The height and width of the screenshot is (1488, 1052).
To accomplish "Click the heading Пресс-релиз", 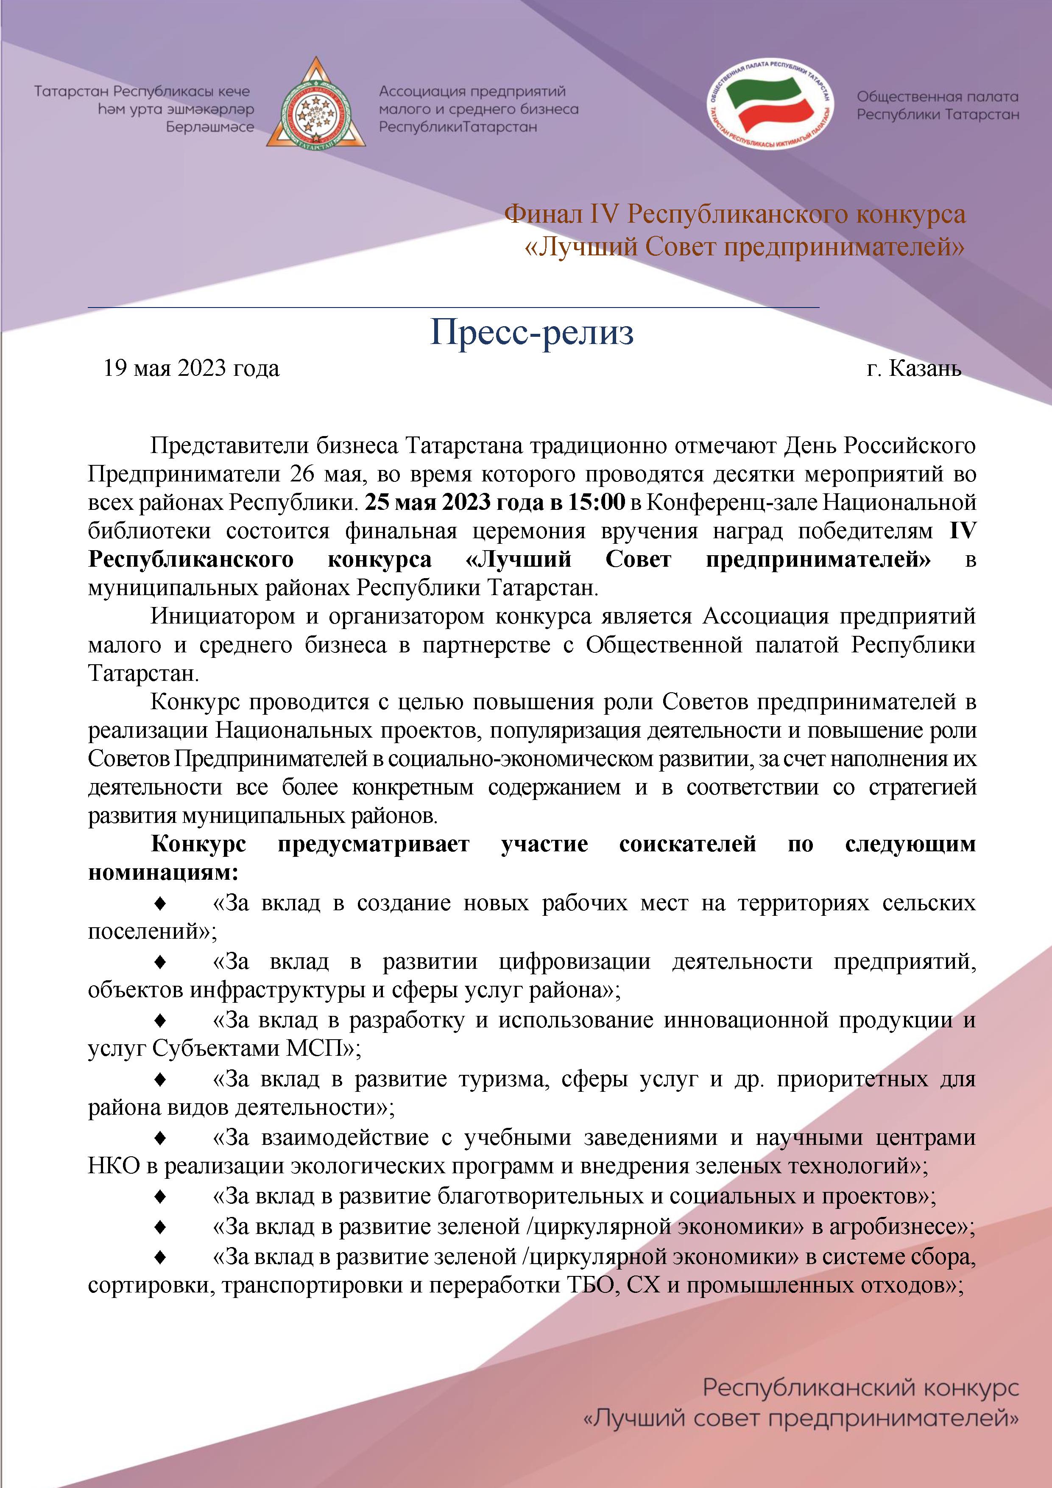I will click(x=532, y=333).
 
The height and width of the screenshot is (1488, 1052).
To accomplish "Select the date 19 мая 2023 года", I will click(x=191, y=368).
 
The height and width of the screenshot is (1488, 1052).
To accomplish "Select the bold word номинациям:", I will click(x=163, y=873).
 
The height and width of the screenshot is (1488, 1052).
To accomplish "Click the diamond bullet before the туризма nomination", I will click(x=161, y=1080).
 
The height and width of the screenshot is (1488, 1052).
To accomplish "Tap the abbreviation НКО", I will click(x=113, y=1166).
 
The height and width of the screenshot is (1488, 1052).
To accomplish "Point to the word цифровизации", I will click(x=575, y=961).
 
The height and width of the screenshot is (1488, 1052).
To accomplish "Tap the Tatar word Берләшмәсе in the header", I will click(x=210, y=127).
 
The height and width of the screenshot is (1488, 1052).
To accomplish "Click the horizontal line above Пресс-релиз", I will click(x=453, y=307).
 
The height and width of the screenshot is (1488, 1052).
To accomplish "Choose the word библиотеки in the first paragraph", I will click(x=150, y=531).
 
